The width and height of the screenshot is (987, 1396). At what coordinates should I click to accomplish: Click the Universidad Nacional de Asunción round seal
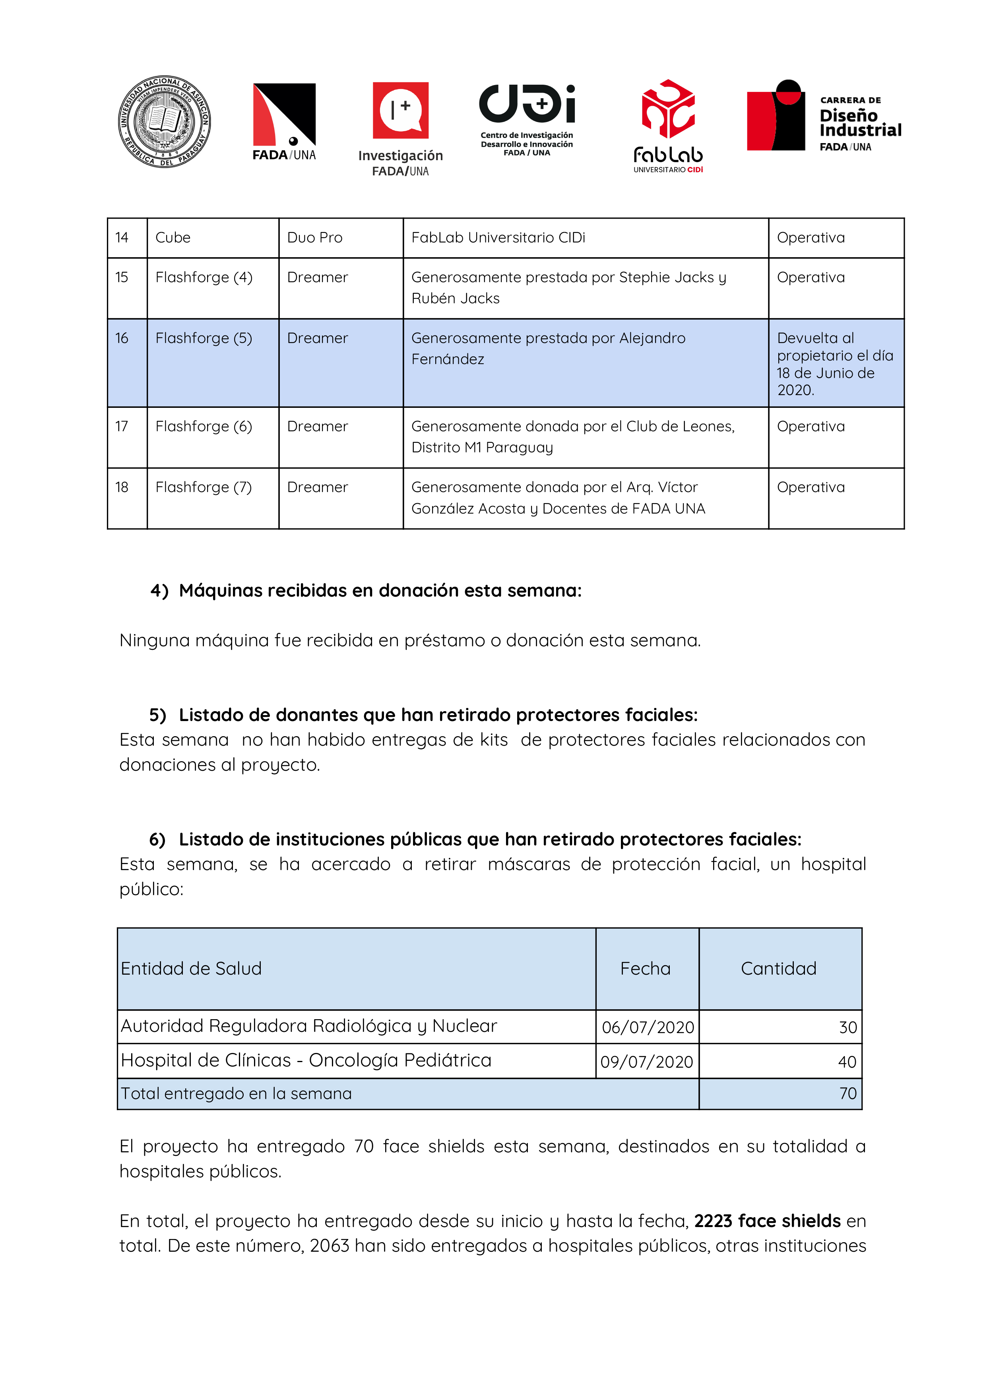click(x=164, y=122)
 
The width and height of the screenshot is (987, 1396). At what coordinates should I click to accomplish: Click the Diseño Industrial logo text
click(x=859, y=123)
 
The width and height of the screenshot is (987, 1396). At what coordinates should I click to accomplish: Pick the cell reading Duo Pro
click(x=314, y=238)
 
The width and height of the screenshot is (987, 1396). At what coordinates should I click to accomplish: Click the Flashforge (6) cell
click(x=204, y=426)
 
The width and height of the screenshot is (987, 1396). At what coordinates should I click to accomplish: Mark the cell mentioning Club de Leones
click(x=572, y=436)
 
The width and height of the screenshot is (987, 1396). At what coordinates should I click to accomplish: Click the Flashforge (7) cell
click(x=204, y=487)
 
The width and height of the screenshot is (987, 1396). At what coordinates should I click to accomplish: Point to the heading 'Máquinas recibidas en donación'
click(x=380, y=590)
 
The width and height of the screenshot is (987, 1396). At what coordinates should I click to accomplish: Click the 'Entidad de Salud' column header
click(x=191, y=968)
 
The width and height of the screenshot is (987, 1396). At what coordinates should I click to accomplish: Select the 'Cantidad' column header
click(x=778, y=968)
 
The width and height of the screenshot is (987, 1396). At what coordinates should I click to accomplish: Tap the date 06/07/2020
click(x=648, y=1027)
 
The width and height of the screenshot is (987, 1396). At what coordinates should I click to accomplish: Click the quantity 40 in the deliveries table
click(x=847, y=1062)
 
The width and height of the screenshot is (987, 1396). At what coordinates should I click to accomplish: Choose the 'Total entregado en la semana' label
click(x=236, y=1093)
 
